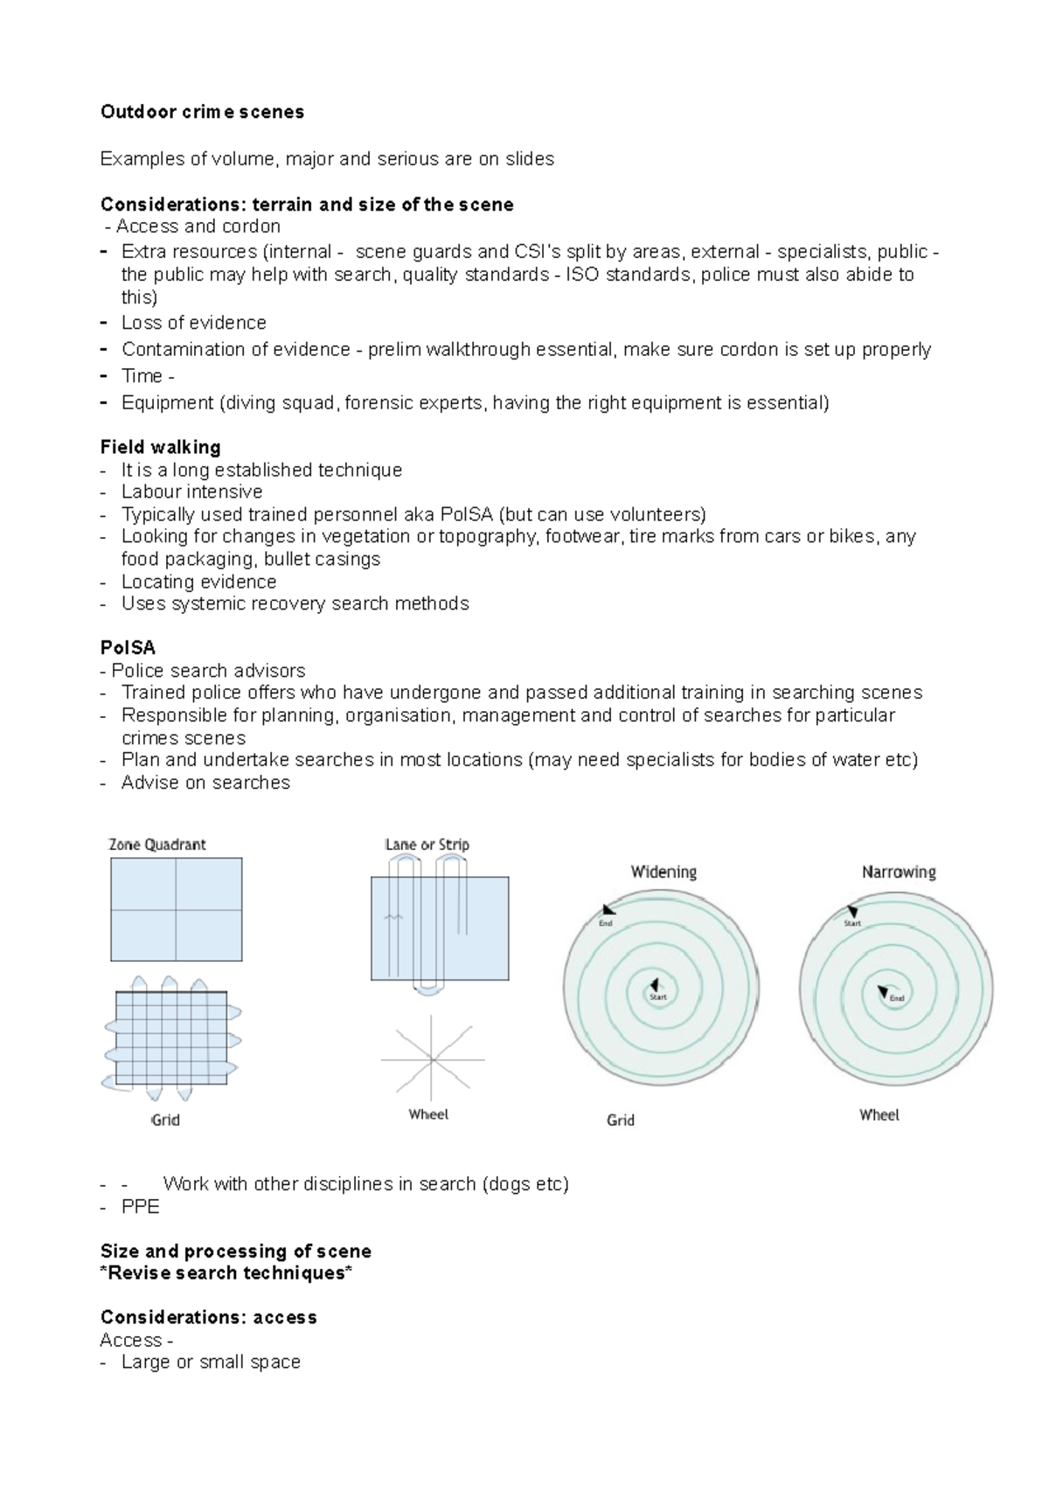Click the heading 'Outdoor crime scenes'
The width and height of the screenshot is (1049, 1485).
[202, 112]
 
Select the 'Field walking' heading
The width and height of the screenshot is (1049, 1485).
[160, 447]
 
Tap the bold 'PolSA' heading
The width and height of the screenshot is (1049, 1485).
[128, 648]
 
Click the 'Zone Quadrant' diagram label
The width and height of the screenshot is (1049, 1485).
[157, 845]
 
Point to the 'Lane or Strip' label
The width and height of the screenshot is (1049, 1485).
[427, 845]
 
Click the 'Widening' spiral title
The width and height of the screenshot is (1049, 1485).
[663, 872]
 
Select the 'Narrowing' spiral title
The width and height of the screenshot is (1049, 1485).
[899, 872]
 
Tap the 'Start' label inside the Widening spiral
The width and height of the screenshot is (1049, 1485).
[658, 997]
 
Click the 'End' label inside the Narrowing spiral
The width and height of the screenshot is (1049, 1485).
[897, 998]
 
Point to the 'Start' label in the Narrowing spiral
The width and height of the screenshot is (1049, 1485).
[852, 924]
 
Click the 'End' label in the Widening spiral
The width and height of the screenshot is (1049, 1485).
[606, 924]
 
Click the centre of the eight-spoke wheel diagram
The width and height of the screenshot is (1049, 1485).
[433, 1060]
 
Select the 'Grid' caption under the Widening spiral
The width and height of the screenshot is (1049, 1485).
[621, 1120]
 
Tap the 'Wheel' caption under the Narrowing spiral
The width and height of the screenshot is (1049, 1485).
[879, 1115]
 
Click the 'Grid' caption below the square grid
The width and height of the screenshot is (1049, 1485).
[165, 1120]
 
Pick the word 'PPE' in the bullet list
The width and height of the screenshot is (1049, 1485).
[140, 1207]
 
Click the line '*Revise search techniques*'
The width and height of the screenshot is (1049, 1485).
[226, 1273]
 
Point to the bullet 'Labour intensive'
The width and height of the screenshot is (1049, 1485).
[191, 492]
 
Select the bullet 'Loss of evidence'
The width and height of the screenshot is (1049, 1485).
[193, 323]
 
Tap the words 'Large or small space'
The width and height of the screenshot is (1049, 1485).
[211, 1362]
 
